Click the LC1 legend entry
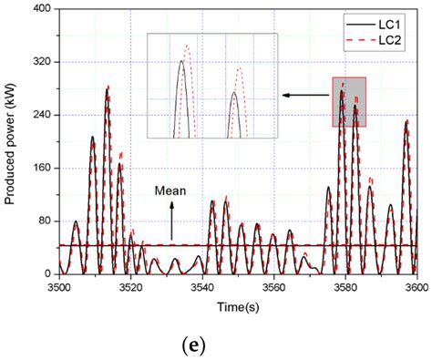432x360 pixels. click(x=387, y=20)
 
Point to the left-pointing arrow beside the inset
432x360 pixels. click(x=305, y=94)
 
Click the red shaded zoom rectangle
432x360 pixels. click(x=350, y=101)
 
